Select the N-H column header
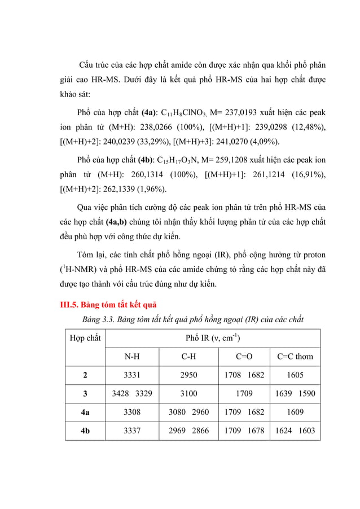(133, 356)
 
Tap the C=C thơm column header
(295, 356)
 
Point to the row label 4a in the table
(85, 412)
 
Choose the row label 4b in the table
(85, 431)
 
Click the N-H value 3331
(133, 375)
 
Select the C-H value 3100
(188, 393)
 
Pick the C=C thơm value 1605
(295, 375)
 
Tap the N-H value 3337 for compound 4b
(133, 431)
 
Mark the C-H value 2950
(188, 375)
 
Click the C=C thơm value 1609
(295, 412)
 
